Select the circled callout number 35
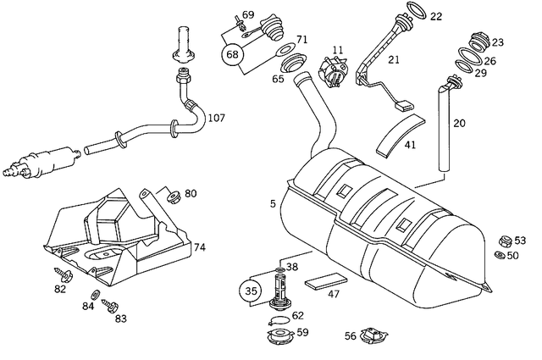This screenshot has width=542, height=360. click(250, 291)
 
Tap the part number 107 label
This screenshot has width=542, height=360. click(216, 118)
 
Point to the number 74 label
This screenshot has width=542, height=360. click(200, 248)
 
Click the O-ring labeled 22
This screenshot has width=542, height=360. click(414, 10)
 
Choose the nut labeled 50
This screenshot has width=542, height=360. click(501, 255)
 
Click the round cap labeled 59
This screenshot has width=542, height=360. click(279, 337)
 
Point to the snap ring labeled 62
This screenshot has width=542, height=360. click(277, 320)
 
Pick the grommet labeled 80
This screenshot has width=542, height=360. click(172, 197)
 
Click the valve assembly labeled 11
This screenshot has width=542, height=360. click(335, 71)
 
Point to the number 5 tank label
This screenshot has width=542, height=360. click(273, 203)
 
